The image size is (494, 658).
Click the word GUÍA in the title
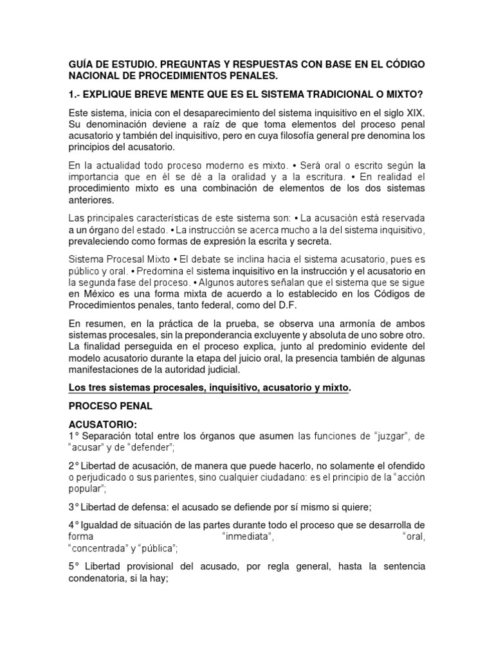tap(82, 64)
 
